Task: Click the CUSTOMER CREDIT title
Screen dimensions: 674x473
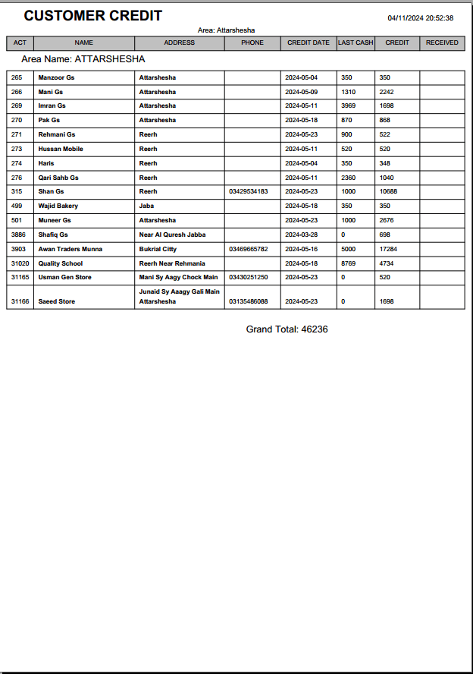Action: (x=92, y=16)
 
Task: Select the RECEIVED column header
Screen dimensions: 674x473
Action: (x=442, y=43)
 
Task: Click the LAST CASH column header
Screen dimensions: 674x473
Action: (x=356, y=43)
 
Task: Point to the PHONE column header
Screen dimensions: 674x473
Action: (x=252, y=43)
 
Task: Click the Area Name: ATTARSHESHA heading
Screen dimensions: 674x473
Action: (x=83, y=58)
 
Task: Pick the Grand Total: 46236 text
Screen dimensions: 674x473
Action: (x=287, y=329)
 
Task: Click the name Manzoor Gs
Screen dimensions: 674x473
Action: (x=56, y=77)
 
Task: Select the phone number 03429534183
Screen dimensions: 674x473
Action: (x=248, y=191)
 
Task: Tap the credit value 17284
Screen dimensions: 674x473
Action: (x=388, y=249)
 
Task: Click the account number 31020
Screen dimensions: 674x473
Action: (x=20, y=263)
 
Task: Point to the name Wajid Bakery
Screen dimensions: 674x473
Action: (x=58, y=206)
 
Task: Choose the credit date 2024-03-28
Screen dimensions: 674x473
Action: (x=301, y=235)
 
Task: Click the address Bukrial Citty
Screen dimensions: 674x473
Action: (x=158, y=249)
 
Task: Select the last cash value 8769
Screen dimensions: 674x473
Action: (x=348, y=263)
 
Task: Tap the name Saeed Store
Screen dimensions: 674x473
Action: (x=56, y=301)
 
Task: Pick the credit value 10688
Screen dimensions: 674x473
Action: (x=388, y=191)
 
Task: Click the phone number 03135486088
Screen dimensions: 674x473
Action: (x=248, y=301)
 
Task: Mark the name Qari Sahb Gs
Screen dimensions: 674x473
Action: (x=58, y=178)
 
